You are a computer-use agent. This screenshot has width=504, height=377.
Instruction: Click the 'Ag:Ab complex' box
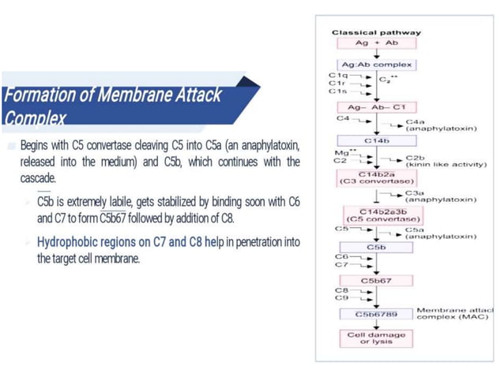pos(376,64)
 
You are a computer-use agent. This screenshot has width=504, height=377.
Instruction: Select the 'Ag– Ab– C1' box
pos(376,106)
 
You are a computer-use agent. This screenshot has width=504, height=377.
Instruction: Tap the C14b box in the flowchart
pos(376,140)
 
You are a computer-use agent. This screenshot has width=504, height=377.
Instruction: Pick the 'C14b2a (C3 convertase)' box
pos(376,177)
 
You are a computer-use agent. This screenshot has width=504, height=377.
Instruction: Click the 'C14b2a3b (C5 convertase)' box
pos(376,215)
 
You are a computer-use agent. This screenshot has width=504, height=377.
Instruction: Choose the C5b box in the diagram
pos(376,247)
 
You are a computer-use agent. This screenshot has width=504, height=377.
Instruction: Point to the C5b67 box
pos(376,280)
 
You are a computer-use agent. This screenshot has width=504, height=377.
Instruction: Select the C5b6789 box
pos(376,313)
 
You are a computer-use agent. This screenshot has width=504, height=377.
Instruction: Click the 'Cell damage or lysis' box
pos(376,338)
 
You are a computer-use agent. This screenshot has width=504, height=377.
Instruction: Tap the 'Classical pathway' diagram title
pos(376,32)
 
